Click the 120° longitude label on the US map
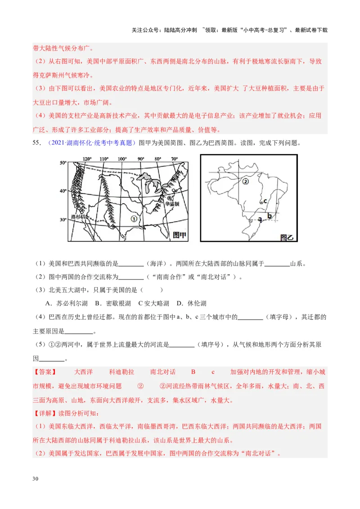coord(86,159)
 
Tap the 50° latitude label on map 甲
coord(63,163)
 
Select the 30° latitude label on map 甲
coord(63,219)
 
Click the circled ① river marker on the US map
coord(134,218)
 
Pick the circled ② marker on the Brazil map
coord(245,182)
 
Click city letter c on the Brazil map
coord(265,201)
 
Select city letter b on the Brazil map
coord(269,216)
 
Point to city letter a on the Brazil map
coord(260,219)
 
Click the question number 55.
coord(37,143)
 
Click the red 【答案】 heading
coord(45,372)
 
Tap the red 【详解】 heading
coord(45,413)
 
